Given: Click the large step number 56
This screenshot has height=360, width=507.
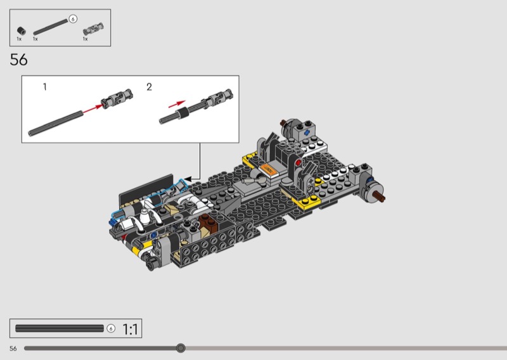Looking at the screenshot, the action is pyautogui.click(x=19, y=60).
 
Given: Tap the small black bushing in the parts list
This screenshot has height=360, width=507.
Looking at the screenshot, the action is pyautogui.click(x=22, y=30).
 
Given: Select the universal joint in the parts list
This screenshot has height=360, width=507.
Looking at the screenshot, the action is pyautogui.click(x=93, y=29).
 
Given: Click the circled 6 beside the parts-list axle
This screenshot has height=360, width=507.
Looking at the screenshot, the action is pyautogui.click(x=73, y=19).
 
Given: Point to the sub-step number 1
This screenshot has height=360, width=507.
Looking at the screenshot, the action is pyautogui.click(x=45, y=87).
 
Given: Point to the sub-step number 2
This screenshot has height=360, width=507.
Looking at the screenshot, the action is pyautogui.click(x=149, y=87).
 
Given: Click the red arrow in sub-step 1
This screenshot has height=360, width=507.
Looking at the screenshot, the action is pyautogui.click(x=92, y=109).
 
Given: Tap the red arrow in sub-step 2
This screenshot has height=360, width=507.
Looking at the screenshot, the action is pyautogui.click(x=177, y=104).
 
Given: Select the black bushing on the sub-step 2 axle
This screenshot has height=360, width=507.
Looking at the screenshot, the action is pyautogui.click(x=182, y=113).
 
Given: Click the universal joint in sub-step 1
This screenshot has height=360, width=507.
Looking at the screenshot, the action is pyautogui.click(x=117, y=98).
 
